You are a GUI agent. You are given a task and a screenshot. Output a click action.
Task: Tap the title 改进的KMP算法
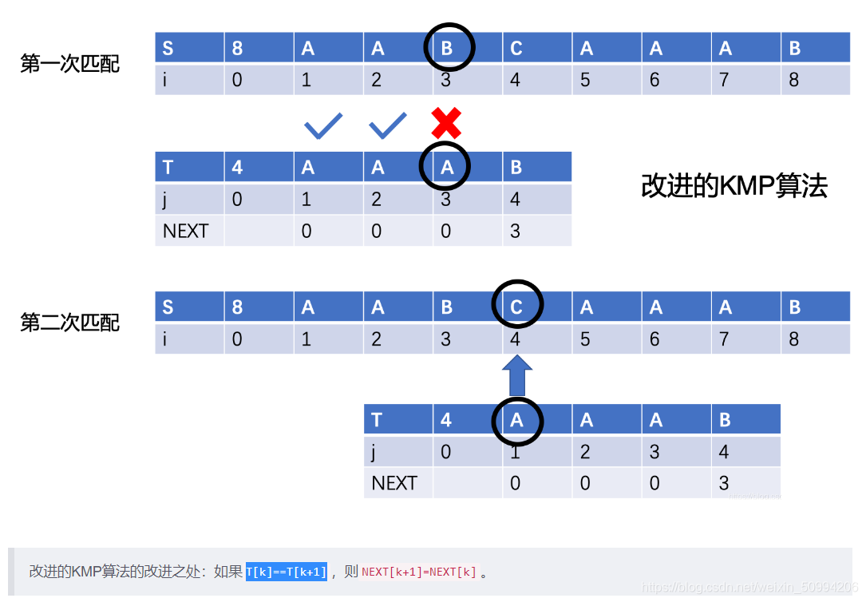point(734,186)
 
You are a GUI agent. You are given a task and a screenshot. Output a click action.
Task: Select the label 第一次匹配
point(70,64)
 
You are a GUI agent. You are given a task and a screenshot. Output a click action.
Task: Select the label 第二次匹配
point(70,323)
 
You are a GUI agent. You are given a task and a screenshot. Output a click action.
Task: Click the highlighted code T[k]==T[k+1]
point(287,572)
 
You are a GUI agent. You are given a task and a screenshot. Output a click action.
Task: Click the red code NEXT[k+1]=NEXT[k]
point(419,572)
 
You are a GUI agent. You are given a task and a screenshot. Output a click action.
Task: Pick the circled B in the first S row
point(447,49)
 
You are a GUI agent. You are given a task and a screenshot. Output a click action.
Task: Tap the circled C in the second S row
point(516,307)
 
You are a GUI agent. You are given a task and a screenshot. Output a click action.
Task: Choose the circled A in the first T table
point(446,167)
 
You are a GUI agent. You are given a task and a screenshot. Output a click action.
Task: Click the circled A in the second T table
point(516,420)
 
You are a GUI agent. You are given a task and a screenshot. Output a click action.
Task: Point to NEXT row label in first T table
point(185,231)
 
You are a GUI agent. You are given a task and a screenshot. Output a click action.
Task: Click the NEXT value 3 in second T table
point(723,483)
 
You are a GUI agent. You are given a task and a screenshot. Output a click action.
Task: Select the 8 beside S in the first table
point(237,49)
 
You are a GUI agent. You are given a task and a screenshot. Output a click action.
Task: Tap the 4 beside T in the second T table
point(446,420)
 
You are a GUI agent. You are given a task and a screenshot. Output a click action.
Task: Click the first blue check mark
point(323,125)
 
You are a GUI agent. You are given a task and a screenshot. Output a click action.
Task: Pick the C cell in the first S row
point(516,49)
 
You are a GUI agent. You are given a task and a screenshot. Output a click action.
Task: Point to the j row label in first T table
point(165,199)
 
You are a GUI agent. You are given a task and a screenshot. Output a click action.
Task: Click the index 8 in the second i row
point(793,339)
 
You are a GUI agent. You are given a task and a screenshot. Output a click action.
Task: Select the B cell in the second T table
point(725,420)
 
